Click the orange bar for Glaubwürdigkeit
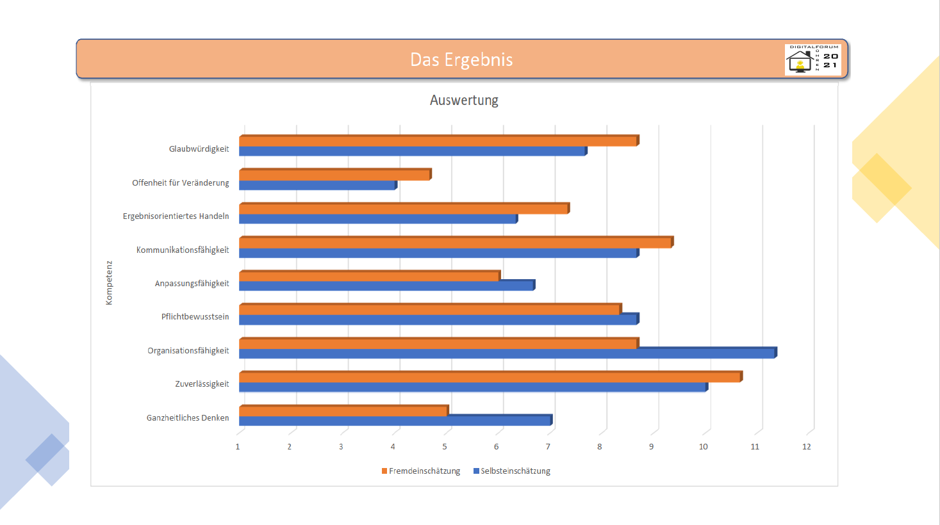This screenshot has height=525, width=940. [438, 141]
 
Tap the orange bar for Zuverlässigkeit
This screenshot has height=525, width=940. [490, 377]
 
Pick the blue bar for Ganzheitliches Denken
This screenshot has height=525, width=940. [395, 421]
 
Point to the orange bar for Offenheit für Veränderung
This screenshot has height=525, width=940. [334, 175]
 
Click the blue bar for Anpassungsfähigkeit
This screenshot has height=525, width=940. [386, 286]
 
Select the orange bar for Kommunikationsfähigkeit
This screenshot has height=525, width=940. [456, 243]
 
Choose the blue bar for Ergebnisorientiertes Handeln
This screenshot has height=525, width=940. [378, 219]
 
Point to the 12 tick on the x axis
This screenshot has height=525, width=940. [806, 447]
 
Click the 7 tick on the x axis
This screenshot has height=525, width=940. [548, 447]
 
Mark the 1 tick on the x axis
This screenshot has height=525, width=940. [238, 447]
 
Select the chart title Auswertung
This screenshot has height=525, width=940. [464, 101]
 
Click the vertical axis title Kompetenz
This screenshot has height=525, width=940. [109, 282]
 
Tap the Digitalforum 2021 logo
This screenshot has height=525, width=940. [812, 60]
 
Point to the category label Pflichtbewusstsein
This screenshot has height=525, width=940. [195, 317]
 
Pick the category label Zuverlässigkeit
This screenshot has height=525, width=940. [202, 384]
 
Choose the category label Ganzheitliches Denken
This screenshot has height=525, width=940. [188, 418]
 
